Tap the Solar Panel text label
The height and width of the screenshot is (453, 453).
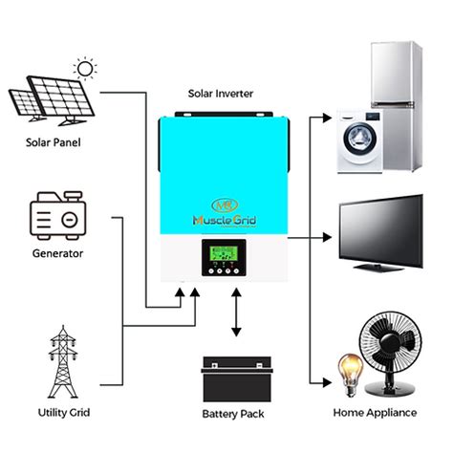tap(54, 143)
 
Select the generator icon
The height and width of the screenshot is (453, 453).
tap(54, 216)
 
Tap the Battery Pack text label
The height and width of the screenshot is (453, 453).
tap(235, 413)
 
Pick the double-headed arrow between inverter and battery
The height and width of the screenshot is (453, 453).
tap(235, 315)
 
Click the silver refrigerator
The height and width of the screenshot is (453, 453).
tap(395, 72)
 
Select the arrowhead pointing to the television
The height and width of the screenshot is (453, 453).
tap(330, 235)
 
